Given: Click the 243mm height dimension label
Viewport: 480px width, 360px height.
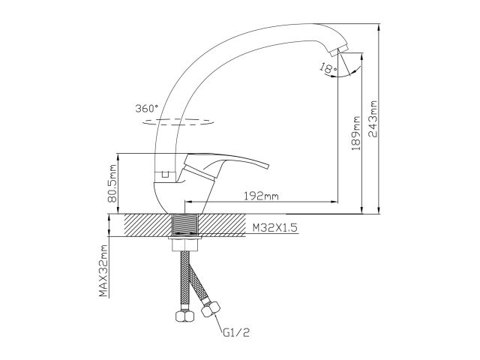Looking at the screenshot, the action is click(373, 118).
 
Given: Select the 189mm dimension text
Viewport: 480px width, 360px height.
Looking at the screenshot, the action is click(355, 133).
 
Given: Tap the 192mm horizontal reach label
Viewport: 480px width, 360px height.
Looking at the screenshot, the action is click(261, 196).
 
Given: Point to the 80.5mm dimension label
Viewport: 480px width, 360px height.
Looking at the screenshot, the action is click(112, 183).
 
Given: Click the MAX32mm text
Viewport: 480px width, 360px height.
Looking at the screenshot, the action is click(103, 271).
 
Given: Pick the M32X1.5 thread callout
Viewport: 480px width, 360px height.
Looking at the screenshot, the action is click(274, 228).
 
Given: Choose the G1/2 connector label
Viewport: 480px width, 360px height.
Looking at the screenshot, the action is click(236, 333).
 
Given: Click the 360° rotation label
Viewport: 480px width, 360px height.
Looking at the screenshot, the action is click(147, 108).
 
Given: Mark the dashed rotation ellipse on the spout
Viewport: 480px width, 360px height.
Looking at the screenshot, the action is click(178, 121).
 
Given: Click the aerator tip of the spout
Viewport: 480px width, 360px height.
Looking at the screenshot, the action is click(338, 51).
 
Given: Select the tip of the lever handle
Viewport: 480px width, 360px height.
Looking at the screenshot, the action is click(266, 166).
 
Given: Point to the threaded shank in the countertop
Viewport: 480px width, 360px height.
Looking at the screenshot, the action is click(185, 225).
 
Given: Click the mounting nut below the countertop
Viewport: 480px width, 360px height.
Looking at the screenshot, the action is click(185, 245).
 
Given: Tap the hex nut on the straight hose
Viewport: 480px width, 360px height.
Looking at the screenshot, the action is click(184, 316).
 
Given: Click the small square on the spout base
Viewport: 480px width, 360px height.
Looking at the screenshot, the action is click(165, 175).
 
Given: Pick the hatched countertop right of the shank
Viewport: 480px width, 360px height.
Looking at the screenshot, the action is click(222, 225).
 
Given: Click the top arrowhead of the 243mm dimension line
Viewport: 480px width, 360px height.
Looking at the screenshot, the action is click(379, 27).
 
